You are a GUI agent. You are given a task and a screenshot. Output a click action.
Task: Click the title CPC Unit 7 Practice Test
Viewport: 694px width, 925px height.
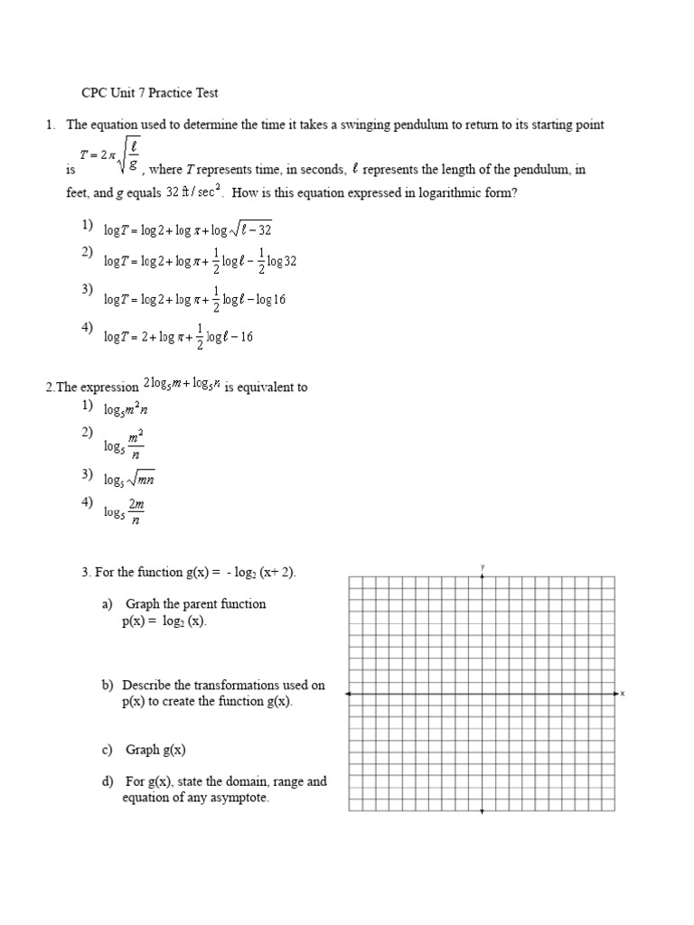tap(150, 92)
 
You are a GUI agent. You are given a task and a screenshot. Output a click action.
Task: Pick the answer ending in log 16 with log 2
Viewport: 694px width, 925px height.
tap(194, 299)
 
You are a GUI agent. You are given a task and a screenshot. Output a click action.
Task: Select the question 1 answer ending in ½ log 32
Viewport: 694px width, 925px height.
tap(200, 261)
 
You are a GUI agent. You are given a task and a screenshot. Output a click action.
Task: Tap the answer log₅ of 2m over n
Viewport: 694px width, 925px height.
tap(124, 511)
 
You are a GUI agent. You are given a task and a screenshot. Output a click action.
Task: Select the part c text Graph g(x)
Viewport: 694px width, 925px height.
tap(155, 750)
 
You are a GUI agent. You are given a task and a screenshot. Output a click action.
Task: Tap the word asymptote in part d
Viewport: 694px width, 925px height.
tap(240, 799)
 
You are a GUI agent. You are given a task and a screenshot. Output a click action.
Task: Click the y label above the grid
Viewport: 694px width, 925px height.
tap(483, 566)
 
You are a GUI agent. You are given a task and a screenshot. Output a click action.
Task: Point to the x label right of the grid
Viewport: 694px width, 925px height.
tap(623, 694)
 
